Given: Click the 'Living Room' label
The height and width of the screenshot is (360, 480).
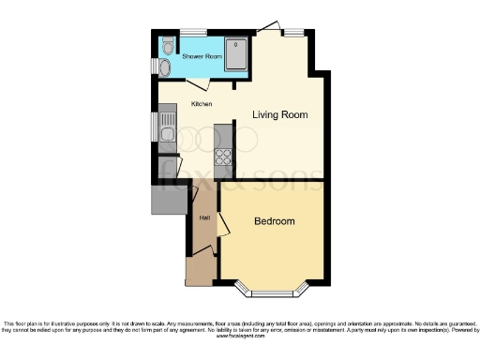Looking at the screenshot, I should click(x=280, y=114).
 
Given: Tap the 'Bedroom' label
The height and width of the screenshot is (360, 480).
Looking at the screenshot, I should click(x=275, y=221).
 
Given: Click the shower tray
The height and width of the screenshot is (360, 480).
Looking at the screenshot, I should click(x=236, y=53).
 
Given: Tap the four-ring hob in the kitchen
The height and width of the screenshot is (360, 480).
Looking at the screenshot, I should click(x=223, y=157).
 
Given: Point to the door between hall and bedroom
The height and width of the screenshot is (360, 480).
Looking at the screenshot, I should click(x=222, y=225).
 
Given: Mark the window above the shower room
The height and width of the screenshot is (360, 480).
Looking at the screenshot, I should click(x=193, y=33).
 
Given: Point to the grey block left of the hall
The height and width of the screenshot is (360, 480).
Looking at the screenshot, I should click(x=165, y=196).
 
